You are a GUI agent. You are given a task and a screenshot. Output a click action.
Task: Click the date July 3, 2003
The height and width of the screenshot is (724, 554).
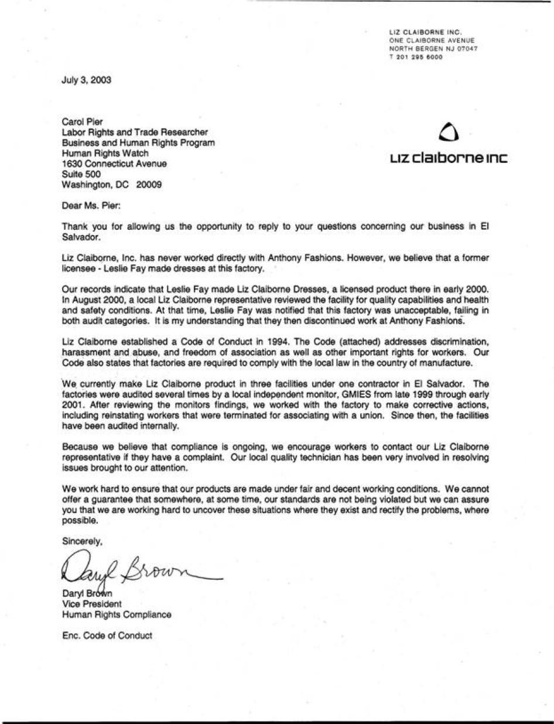click(86, 80)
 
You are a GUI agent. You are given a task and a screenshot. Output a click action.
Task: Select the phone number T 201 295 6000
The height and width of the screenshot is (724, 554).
click(416, 57)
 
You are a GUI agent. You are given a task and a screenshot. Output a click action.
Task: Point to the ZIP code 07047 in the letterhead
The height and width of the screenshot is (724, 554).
click(467, 49)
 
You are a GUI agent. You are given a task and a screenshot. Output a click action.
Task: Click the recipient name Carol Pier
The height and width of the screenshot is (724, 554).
click(82, 123)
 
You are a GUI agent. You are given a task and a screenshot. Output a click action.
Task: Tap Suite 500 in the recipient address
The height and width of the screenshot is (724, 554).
click(81, 174)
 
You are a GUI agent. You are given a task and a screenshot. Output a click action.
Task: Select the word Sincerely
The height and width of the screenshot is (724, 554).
click(82, 542)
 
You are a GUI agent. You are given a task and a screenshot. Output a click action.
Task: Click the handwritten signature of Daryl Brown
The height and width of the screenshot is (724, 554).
click(138, 567)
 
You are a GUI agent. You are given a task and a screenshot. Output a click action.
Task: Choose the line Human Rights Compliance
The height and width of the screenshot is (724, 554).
click(117, 614)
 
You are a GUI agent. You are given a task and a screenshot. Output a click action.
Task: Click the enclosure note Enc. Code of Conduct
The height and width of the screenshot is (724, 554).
click(107, 635)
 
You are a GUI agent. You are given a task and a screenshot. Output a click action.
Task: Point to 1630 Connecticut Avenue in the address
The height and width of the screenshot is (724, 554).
click(114, 164)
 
